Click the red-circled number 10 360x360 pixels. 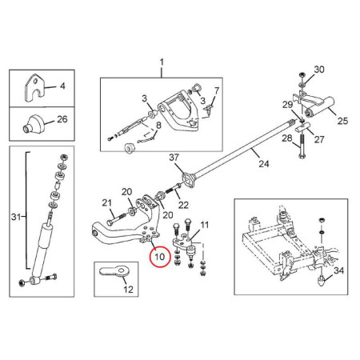point(160,257)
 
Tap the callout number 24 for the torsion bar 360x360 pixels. point(264,163)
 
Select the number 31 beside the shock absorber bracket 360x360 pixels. point(16,217)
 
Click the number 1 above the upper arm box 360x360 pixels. point(162,62)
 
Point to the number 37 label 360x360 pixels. point(174,158)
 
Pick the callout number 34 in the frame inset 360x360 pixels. point(338,270)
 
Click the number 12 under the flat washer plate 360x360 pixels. point(128,289)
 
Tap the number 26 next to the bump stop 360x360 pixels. point(62,119)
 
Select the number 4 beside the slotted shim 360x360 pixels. point(62,86)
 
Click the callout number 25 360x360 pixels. point(342,121)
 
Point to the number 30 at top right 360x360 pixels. point(319,70)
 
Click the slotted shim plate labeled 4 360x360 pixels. point(34,88)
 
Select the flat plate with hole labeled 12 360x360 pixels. point(115,271)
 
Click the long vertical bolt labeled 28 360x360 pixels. point(302,146)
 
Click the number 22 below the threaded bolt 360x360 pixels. point(183,205)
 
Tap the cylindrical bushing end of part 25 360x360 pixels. point(309,113)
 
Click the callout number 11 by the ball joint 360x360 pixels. point(204,225)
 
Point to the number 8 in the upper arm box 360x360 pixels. point(158,125)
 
